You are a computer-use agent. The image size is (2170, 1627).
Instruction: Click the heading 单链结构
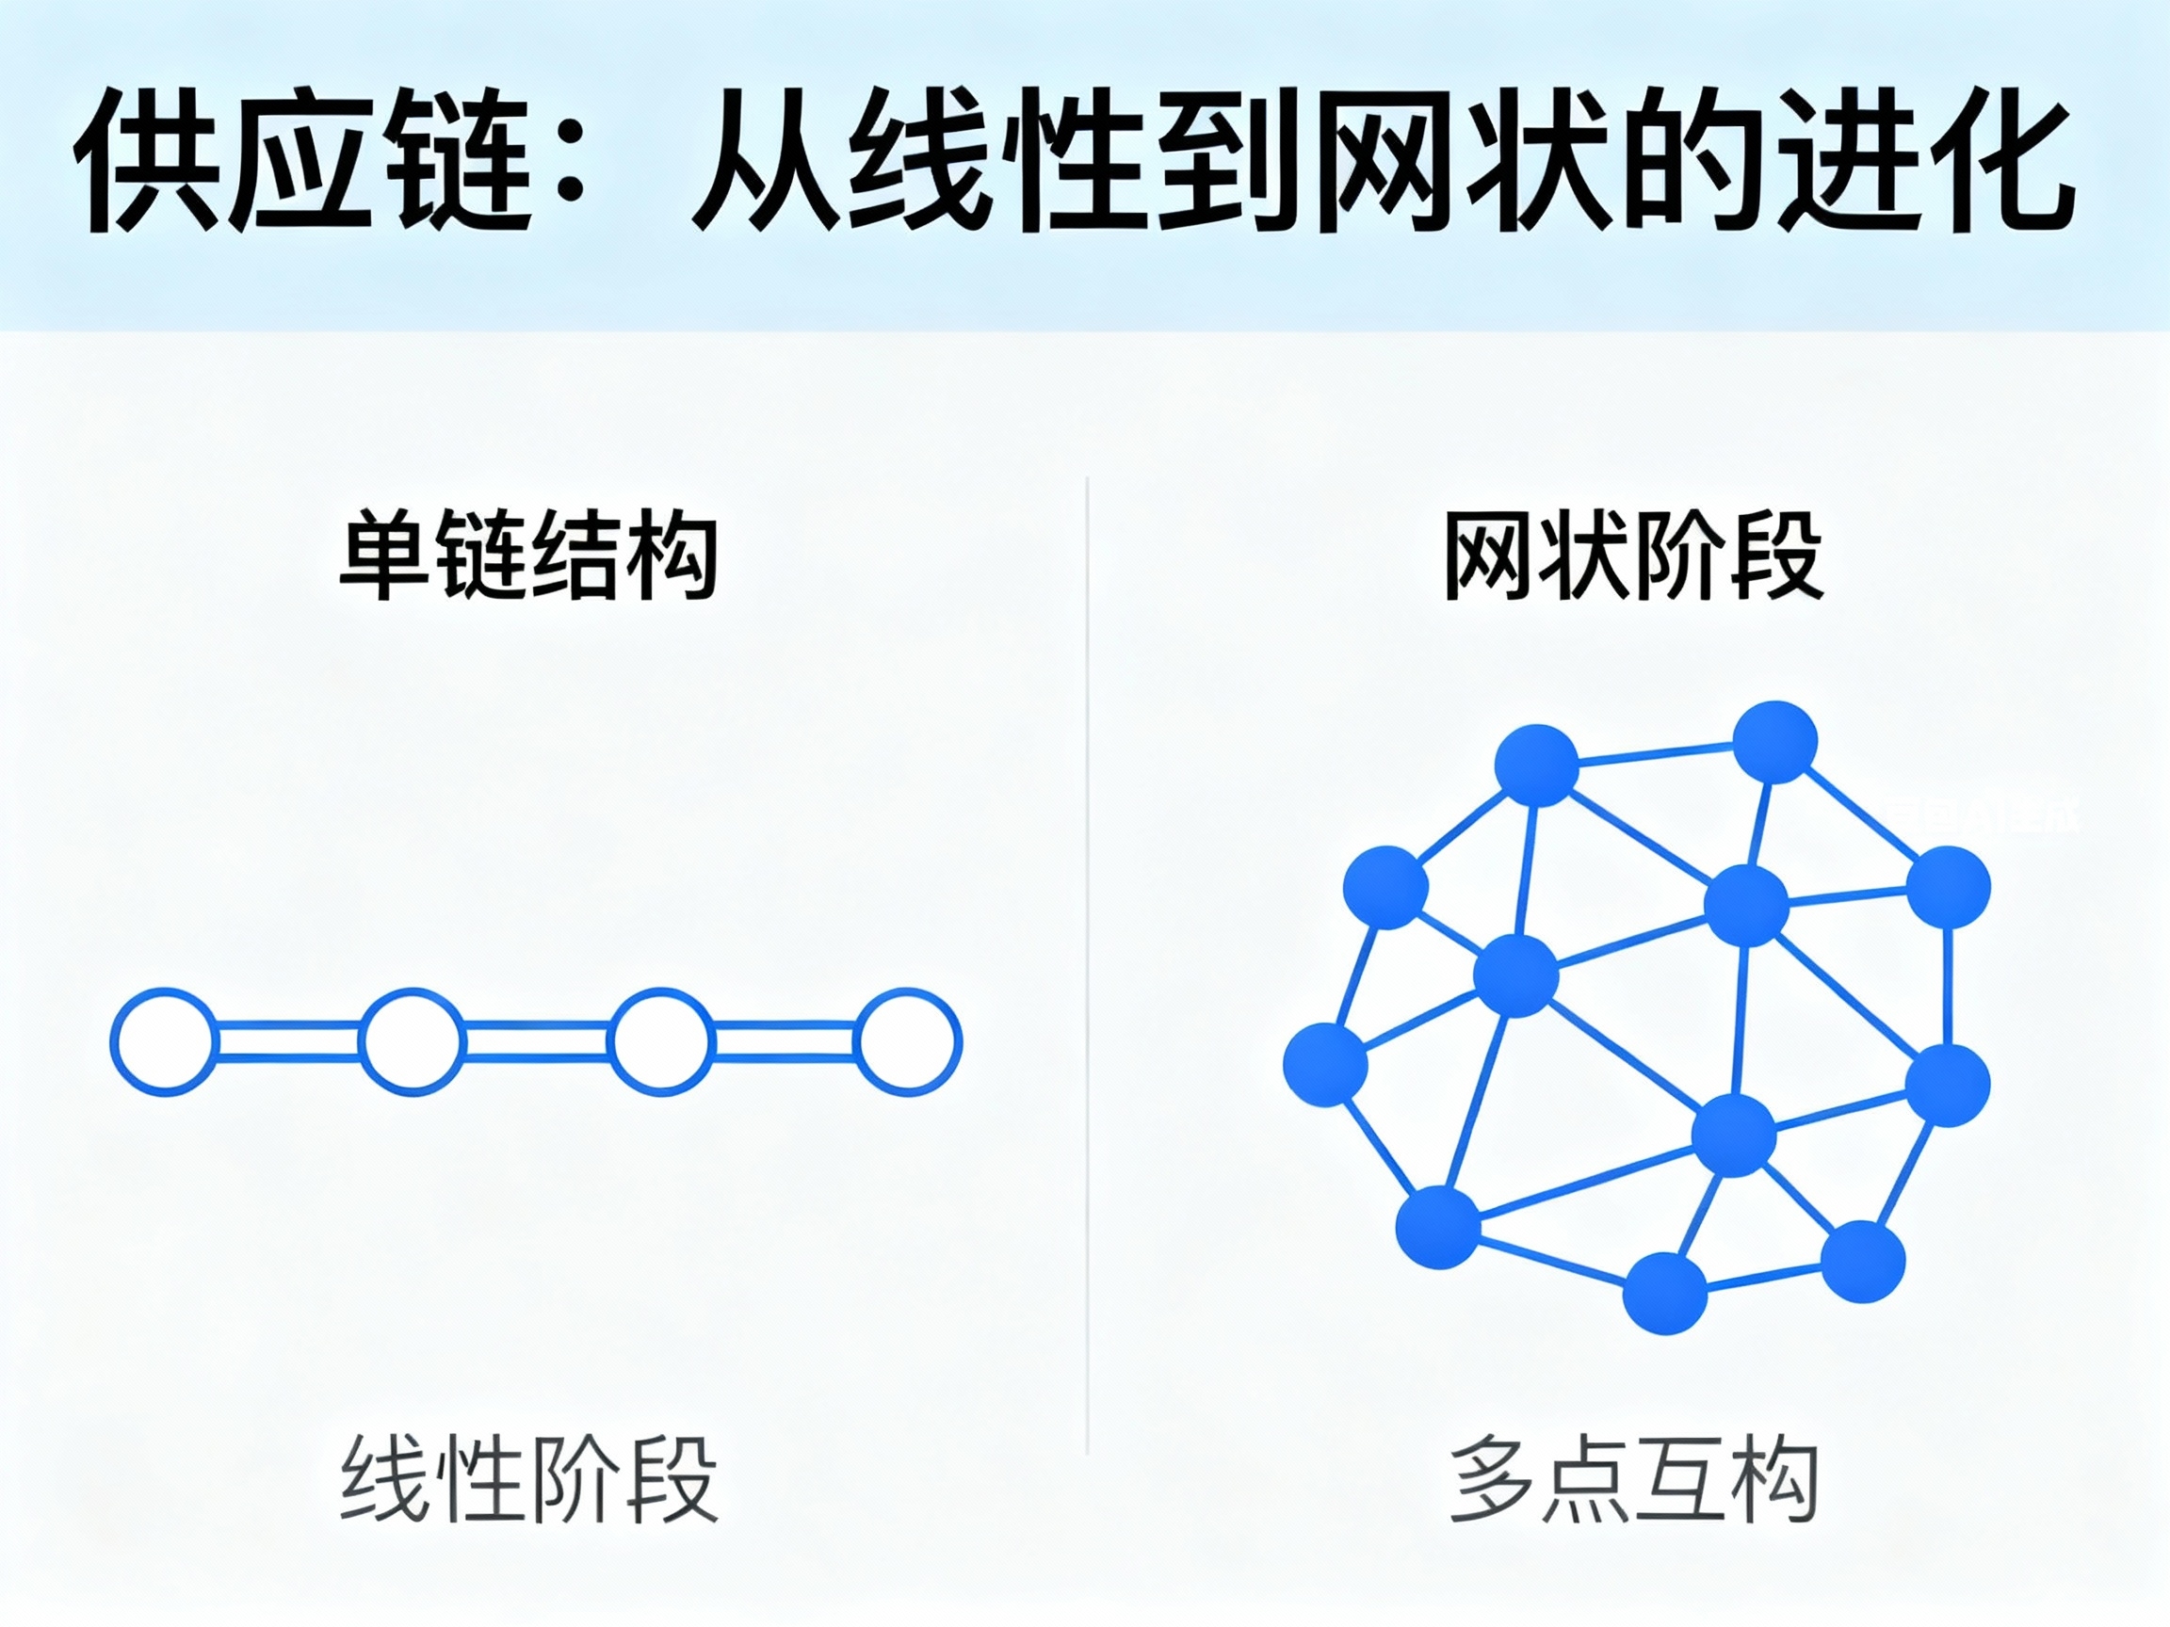tap(527, 554)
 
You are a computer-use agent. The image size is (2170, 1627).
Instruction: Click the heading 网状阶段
tap(1632, 554)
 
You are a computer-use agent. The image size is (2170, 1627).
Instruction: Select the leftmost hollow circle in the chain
tap(164, 1041)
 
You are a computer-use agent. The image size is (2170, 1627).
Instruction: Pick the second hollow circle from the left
tap(412, 1041)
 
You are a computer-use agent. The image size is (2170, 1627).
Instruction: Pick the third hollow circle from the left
tap(660, 1041)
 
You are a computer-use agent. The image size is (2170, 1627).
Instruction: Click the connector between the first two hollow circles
tap(287, 1041)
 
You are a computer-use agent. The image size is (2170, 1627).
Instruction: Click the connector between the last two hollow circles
tap(784, 1041)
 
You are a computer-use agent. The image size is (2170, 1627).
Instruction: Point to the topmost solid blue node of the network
tap(1774, 741)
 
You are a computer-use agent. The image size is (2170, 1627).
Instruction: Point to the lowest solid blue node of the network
tap(1666, 1293)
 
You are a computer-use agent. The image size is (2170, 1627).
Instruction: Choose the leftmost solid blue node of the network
tap(1325, 1064)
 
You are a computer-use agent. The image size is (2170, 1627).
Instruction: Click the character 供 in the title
tap(148, 162)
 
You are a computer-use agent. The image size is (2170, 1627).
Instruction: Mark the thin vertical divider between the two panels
tap(1087, 966)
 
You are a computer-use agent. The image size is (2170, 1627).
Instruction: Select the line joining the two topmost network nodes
tap(1656, 754)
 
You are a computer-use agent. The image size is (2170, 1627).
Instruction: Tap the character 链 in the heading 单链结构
tap(480, 554)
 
